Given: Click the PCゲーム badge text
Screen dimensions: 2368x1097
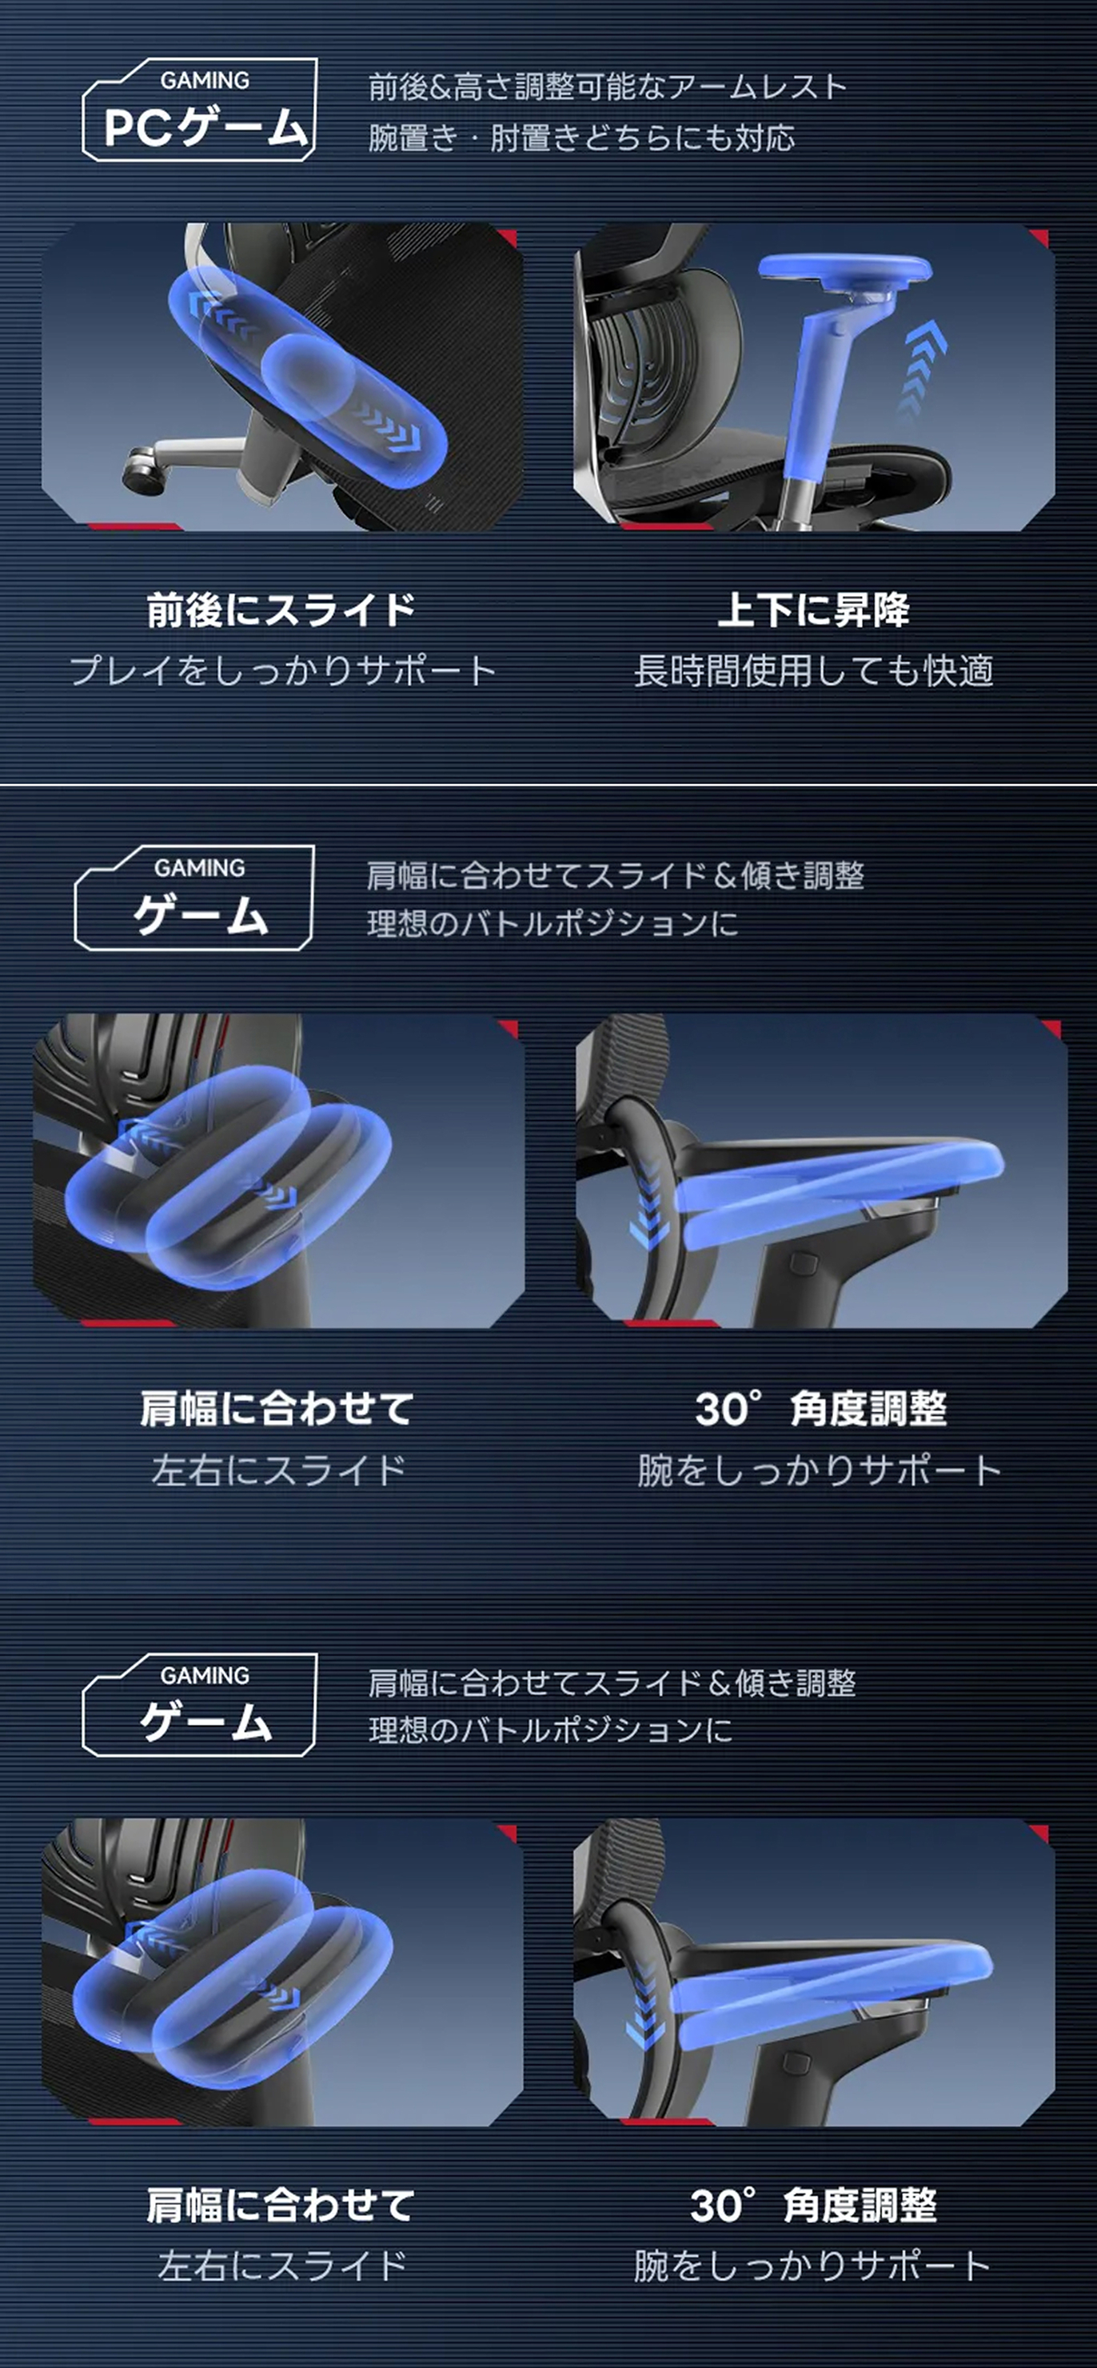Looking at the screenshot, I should coord(204,127).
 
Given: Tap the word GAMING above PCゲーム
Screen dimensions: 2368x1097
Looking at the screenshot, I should coord(204,81).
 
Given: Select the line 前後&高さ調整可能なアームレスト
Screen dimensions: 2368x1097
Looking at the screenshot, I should coord(606,87).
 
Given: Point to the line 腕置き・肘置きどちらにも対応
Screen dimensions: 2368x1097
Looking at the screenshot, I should coord(581,138).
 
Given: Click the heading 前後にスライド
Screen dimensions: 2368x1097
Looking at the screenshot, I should coord(280,610).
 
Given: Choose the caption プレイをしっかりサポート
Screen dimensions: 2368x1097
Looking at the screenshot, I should coord(282,670).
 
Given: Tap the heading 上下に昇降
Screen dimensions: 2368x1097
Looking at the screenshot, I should coord(813,610).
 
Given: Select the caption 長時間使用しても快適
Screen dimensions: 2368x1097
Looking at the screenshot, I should coord(813,671).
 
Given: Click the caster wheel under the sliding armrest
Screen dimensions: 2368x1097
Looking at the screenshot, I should coord(143,463).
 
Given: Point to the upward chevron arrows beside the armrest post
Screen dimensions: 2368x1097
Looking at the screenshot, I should coord(922,368).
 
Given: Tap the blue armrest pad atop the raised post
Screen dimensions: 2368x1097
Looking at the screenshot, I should coord(844,270).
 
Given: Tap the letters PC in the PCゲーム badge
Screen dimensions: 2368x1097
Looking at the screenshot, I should coord(138,127).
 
